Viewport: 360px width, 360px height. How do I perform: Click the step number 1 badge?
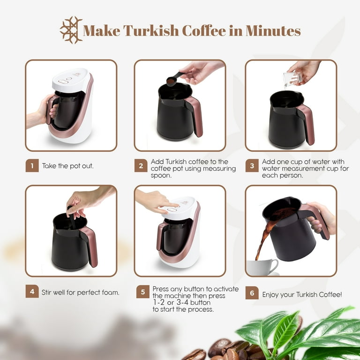tap(32, 165)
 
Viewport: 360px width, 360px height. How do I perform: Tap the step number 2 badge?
tap(141, 165)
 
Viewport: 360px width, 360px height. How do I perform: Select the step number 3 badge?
tap(252, 165)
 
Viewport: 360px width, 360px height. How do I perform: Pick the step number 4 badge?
tap(32, 292)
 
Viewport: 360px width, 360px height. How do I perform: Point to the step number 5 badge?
tap(143, 292)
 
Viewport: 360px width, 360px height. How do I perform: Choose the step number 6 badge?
tap(252, 292)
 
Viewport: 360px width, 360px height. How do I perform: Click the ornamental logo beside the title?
tap(71, 30)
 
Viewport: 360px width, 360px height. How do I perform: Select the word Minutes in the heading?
tap(273, 31)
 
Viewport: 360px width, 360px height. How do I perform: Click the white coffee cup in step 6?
tap(262, 267)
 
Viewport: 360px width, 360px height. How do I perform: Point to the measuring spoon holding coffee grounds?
tap(174, 79)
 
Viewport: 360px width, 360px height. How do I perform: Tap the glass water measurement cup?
tap(292, 79)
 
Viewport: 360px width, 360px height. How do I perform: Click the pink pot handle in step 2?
tap(195, 116)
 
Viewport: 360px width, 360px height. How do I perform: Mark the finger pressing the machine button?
tap(170, 204)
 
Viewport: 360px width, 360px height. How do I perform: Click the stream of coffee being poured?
tap(263, 239)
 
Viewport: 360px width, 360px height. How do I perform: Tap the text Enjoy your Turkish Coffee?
tap(302, 294)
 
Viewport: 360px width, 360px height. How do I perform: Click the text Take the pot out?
tap(67, 166)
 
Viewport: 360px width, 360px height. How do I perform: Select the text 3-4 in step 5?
tap(182, 302)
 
